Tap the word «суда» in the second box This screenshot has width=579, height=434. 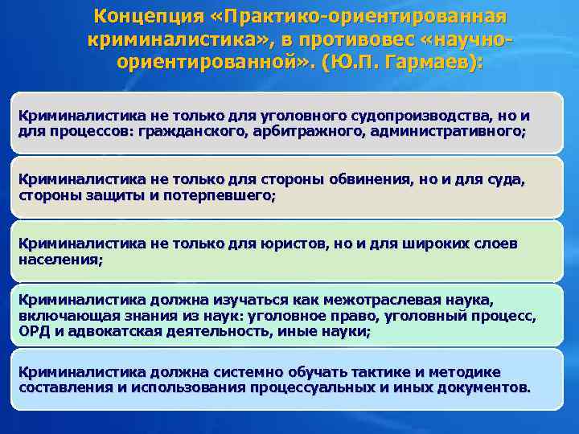pyautogui.click(x=506, y=180)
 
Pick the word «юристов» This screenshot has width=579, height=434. pyautogui.click(x=278, y=243)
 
